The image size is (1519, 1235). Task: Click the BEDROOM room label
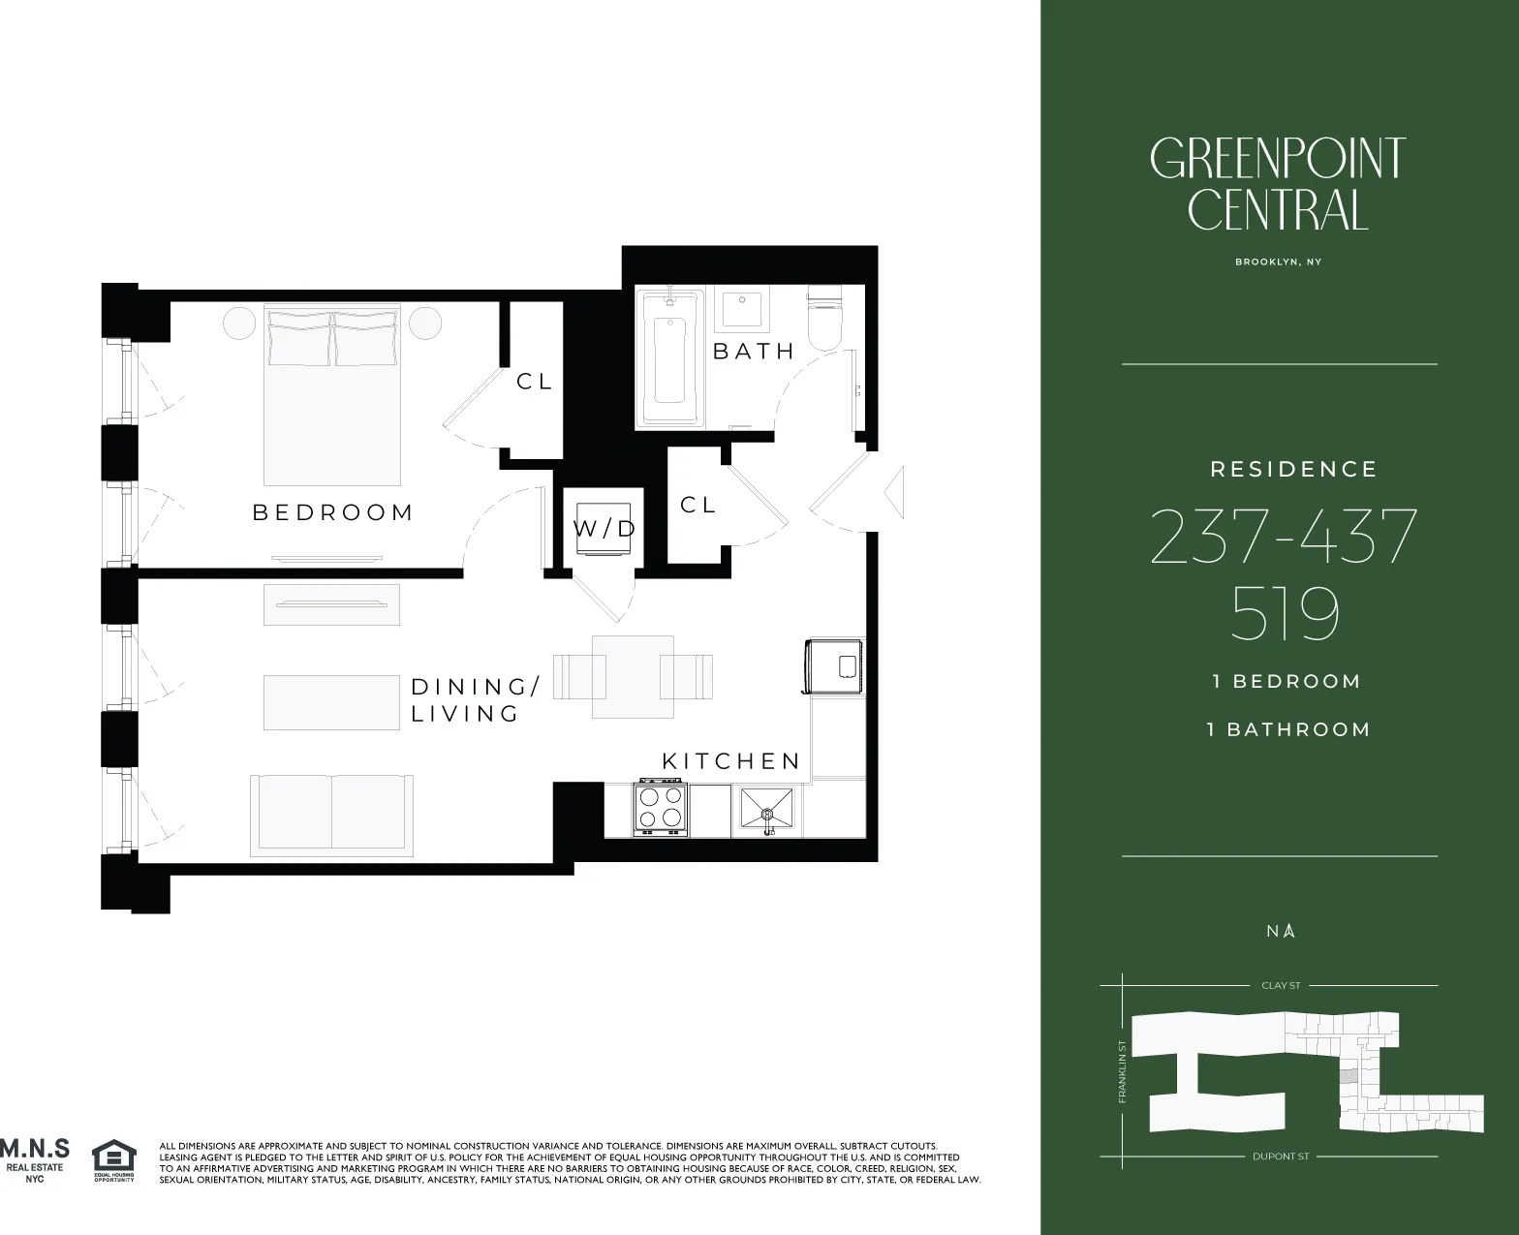click(x=332, y=512)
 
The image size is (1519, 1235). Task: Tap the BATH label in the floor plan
click(x=753, y=352)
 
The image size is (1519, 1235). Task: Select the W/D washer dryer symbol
click(x=604, y=529)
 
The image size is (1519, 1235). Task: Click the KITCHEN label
click(x=731, y=761)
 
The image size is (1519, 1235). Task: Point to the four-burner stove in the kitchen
click(x=661, y=809)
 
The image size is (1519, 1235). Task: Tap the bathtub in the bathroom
click(x=669, y=358)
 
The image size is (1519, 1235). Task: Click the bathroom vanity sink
click(x=741, y=308)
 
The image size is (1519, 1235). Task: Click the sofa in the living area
click(x=331, y=814)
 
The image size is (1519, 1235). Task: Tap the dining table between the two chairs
click(x=633, y=676)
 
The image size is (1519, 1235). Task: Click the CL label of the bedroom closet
click(x=534, y=382)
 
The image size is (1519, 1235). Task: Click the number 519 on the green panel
click(x=1285, y=613)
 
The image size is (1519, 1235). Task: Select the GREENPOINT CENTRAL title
click(x=1278, y=184)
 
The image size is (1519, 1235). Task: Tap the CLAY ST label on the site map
click(x=1281, y=985)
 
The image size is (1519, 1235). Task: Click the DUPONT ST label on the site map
click(x=1280, y=1157)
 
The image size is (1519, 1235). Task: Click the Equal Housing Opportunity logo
click(x=113, y=1160)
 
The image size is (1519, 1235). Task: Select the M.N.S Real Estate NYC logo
click(x=35, y=1159)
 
